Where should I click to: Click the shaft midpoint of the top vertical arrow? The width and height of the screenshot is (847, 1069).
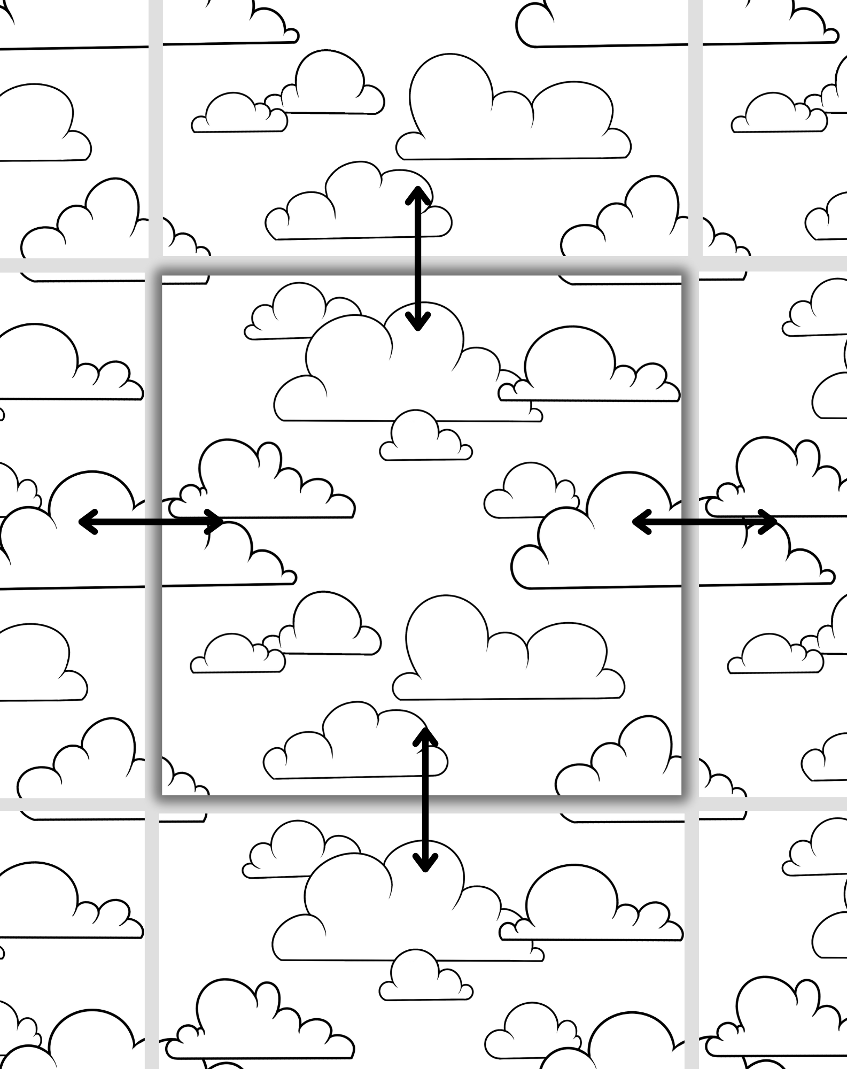pyautogui.click(x=417, y=259)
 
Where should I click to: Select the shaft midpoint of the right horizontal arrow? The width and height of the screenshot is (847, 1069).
pyautogui.click(x=704, y=522)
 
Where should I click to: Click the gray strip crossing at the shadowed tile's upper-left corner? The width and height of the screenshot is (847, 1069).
pyautogui.click(x=154, y=265)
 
